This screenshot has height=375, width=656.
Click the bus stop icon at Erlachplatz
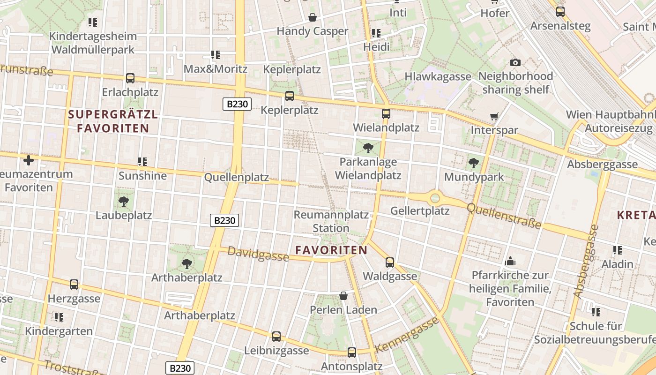click(x=130, y=78)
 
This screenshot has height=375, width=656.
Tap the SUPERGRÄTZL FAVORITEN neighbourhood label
click(x=113, y=121)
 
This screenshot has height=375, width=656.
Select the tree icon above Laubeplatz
click(x=124, y=202)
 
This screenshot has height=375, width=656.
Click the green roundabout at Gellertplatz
click(x=435, y=198)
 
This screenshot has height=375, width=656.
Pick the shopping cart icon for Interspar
click(x=494, y=116)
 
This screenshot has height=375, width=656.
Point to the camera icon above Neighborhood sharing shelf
click(x=515, y=62)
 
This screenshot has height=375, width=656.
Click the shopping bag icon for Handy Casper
click(x=313, y=18)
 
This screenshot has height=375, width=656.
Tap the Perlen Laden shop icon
click(x=343, y=296)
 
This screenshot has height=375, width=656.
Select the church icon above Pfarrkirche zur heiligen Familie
click(x=510, y=261)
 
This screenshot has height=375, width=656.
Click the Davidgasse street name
click(x=258, y=254)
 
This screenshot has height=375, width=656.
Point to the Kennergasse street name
click(x=407, y=335)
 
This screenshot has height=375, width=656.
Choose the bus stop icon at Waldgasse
click(x=390, y=262)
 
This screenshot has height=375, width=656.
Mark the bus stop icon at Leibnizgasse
click(x=276, y=337)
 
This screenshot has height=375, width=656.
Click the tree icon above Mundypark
click(x=474, y=163)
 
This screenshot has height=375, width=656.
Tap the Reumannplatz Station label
click(x=331, y=221)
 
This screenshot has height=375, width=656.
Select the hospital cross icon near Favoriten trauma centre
click(x=29, y=160)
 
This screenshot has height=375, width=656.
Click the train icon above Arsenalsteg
click(x=560, y=12)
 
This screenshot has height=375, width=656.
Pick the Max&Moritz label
click(x=215, y=69)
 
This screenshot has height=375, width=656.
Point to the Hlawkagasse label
click(x=438, y=76)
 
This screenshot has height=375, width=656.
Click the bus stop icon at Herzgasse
click(x=74, y=285)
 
